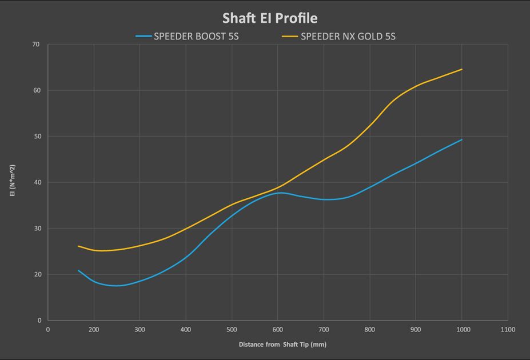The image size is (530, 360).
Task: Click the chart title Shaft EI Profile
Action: coord(270,18)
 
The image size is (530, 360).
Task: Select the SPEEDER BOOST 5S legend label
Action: coord(196,37)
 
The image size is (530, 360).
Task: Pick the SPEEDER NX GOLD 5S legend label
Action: coord(348,37)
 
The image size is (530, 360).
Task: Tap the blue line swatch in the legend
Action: coord(144,36)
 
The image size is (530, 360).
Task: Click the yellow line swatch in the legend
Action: coord(290,36)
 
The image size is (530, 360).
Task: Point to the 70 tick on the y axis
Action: coord(36,44)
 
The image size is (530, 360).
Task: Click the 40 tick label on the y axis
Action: coord(37,182)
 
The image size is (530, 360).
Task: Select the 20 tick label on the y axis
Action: coord(37,274)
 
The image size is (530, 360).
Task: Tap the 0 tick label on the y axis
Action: coord(39,320)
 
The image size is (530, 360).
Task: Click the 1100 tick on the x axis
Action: coord(508,330)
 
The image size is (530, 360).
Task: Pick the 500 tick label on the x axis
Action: coord(232,330)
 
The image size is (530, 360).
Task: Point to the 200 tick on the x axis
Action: coord(94,330)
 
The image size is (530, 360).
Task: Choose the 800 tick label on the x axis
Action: coord(369,330)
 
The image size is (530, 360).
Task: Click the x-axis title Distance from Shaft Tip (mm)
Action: coord(282,345)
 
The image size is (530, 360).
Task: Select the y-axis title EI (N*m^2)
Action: coord(13,181)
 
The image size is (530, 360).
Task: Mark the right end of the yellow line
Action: coord(462,69)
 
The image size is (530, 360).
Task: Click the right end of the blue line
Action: coord(462,139)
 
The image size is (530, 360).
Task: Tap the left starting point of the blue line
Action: coord(78,270)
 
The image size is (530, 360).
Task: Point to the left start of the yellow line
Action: coord(78,246)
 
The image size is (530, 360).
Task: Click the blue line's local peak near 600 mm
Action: coord(281,193)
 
